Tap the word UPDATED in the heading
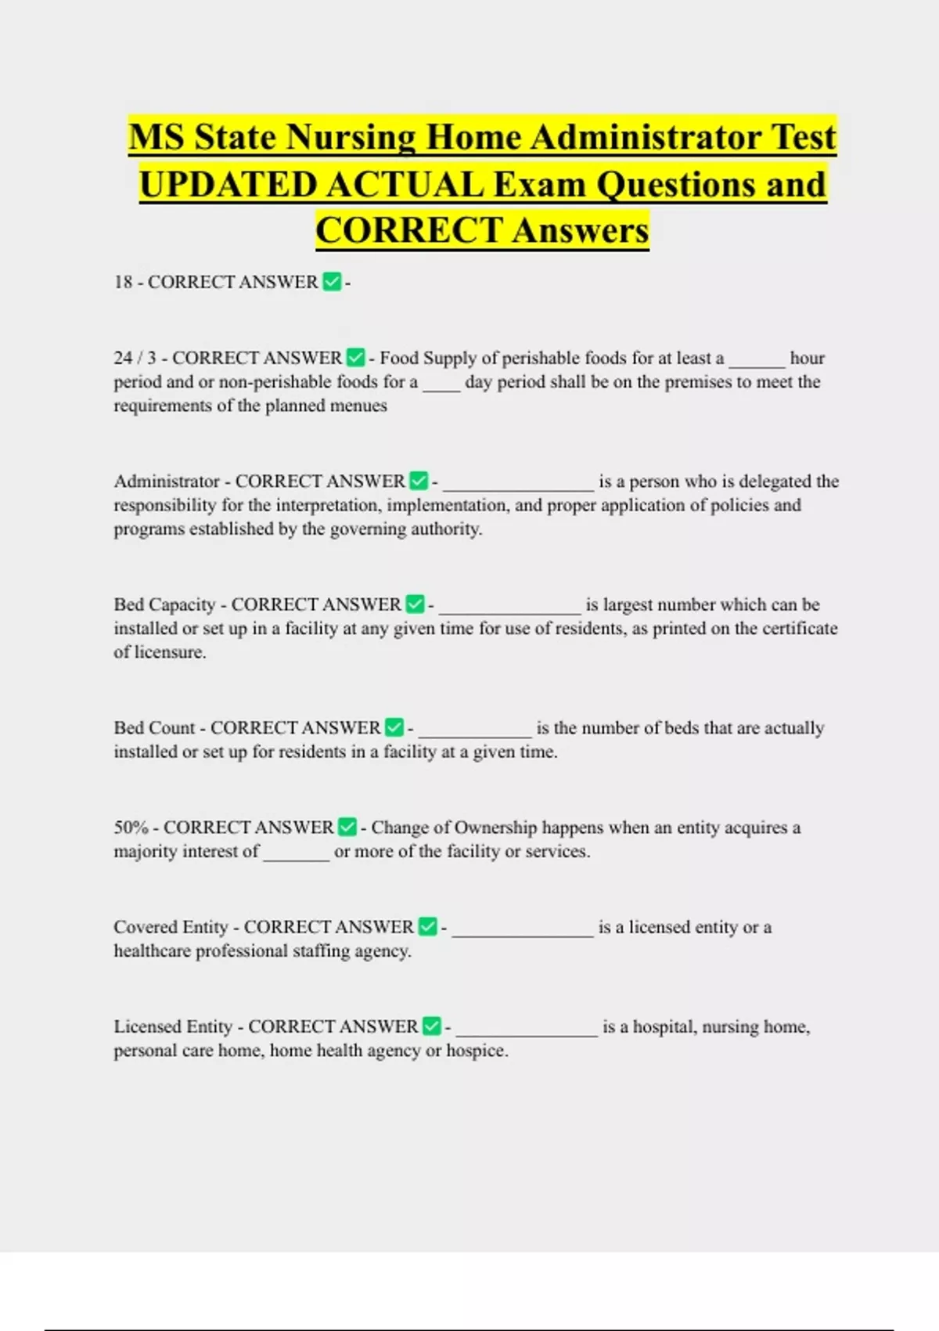pyautogui.click(x=232, y=185)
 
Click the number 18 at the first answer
pyautogui.click(x=123, y=282)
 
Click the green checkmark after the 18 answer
pyautogui.click(x=332, y=282)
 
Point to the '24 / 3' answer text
pyautogui.click(x=135, y=358)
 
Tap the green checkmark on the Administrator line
pyautogui.click(x=419, y=481)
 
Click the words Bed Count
pyautogui.click(x=154, y=727)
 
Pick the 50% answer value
pyautogui.click(x=131, y=828)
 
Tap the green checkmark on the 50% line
pyautogui.click(x=347, y=828)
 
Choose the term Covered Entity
pyautogui.click(x=171, y=927)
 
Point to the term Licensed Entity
pyautogui.click(x=173, y=1026)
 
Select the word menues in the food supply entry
pyautogui.click(x=358, y=406)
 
